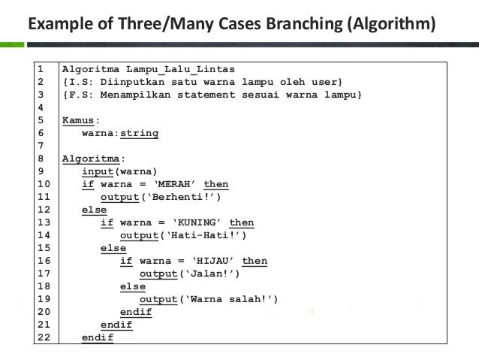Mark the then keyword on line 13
click(x=242, y=222)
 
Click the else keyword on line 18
click(x=132, y=286)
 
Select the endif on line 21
click(x=116, y=325)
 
